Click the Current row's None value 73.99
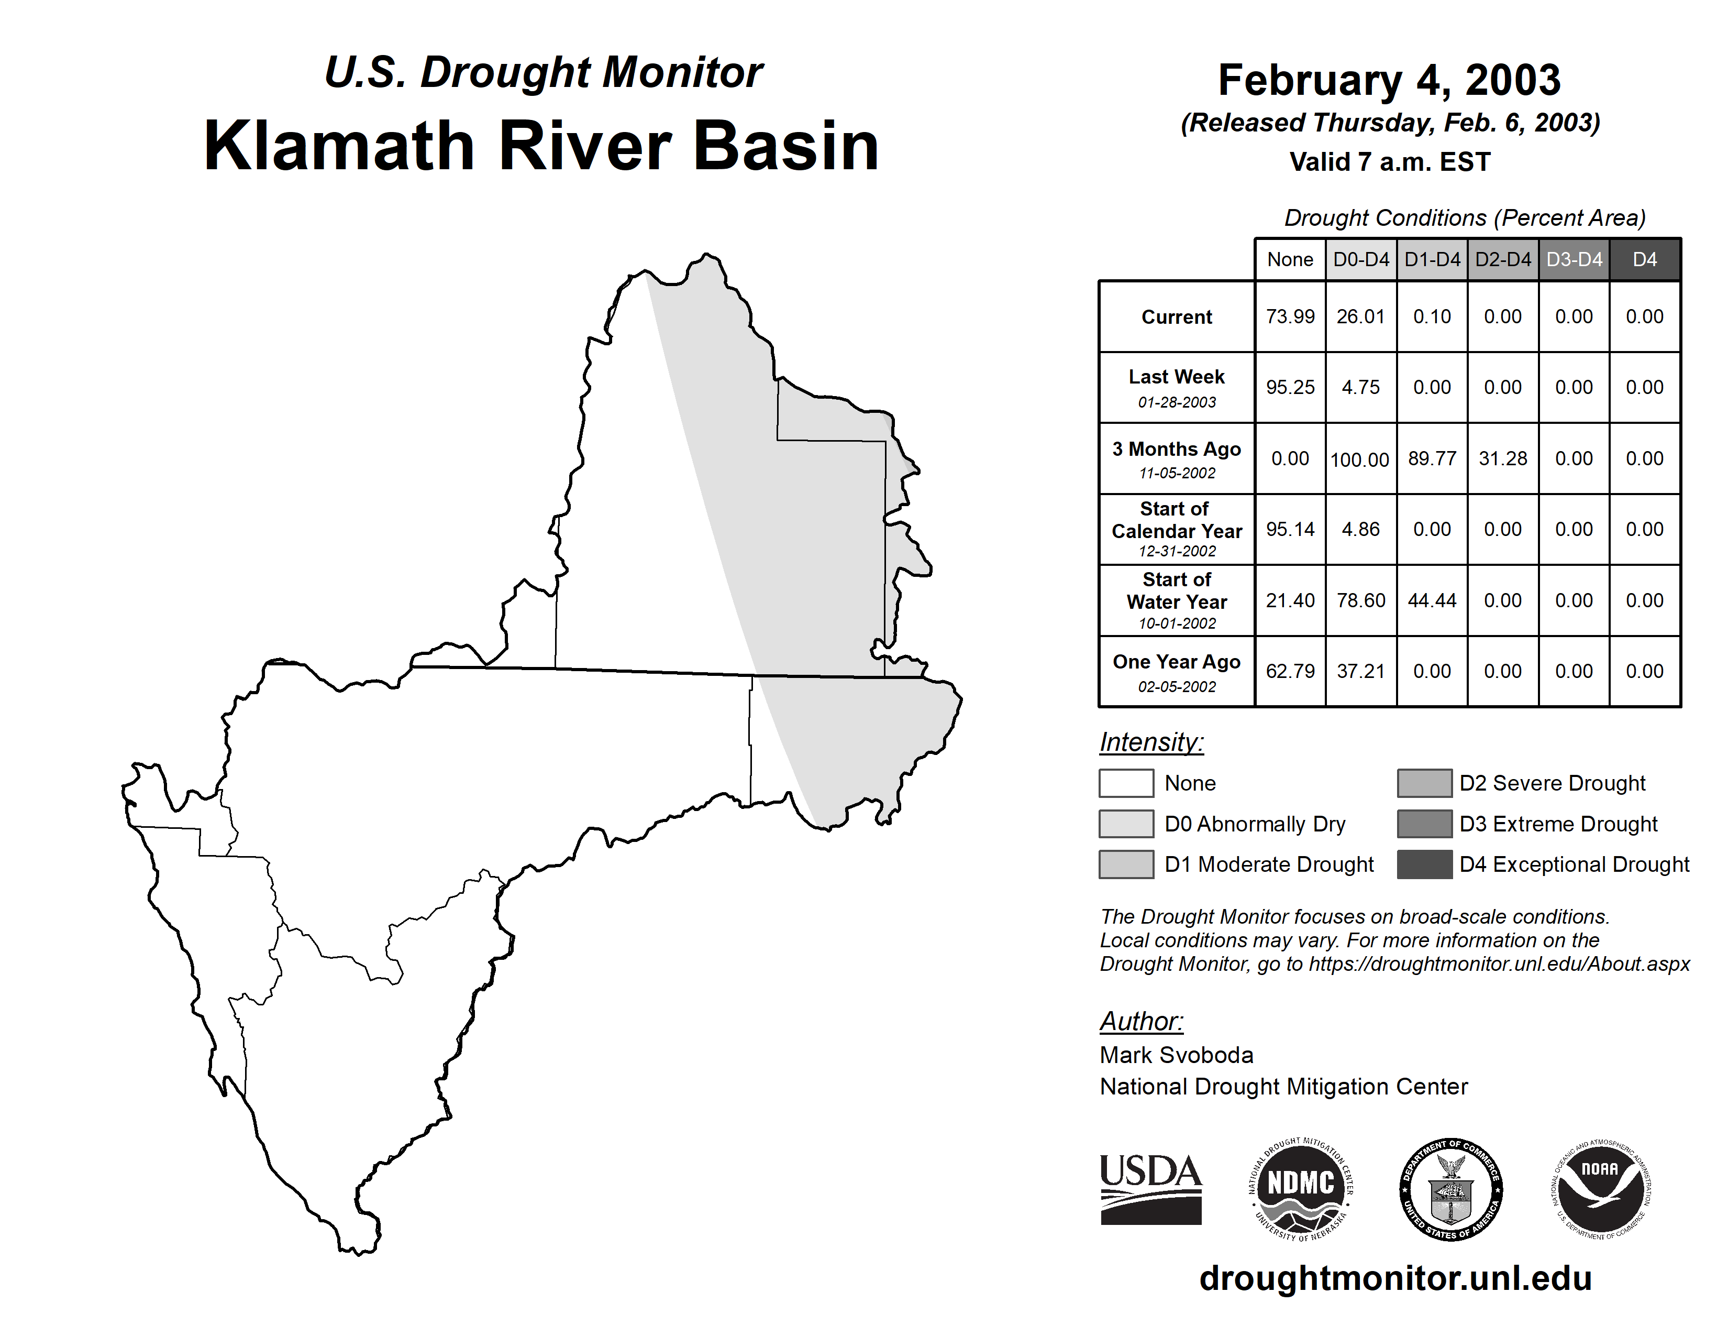1290,316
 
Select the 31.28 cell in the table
1502,458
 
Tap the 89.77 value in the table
1432,458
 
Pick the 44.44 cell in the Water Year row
1432,601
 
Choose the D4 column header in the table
1645,259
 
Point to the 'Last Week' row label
1177,377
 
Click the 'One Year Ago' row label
1177,662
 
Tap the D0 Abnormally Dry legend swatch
1126,823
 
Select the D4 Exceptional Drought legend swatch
1424,864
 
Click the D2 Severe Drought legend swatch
1424,783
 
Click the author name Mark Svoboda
1177,1055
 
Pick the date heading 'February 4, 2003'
1389,80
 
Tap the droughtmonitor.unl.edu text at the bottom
1395,1278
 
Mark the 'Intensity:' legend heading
1151,742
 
